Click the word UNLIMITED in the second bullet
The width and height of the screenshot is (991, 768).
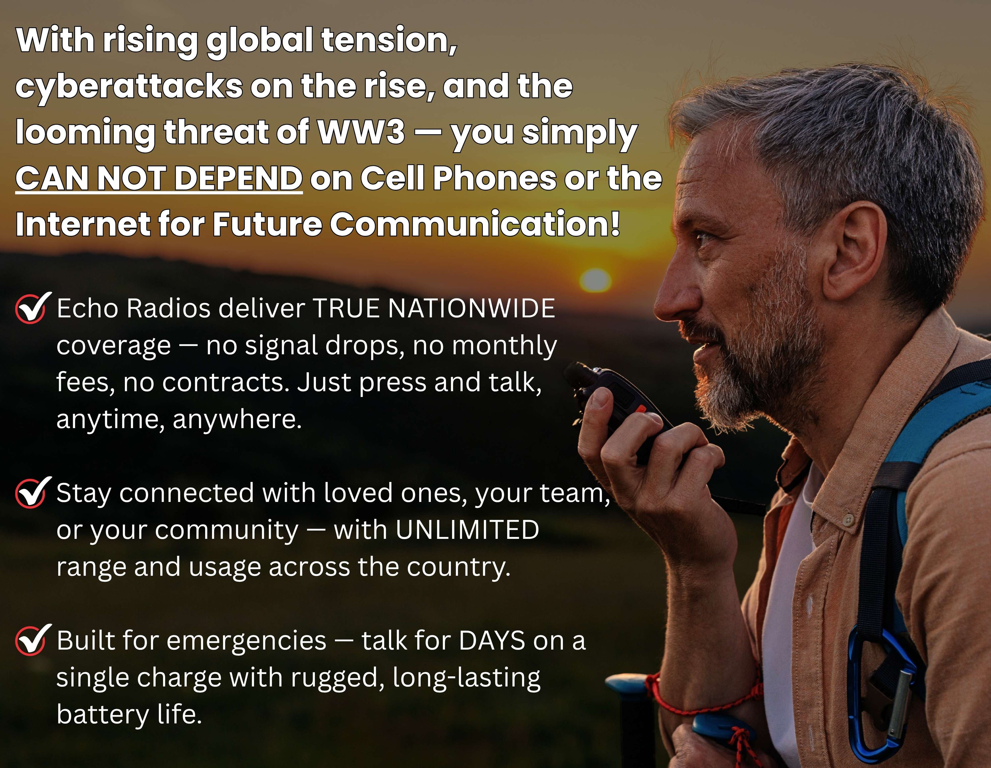[467, 529]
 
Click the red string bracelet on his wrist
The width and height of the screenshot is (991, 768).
[708, 701]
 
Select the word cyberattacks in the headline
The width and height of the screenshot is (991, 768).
[129, 86]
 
